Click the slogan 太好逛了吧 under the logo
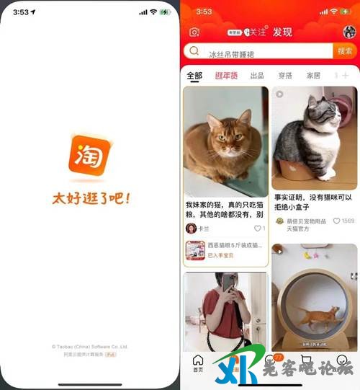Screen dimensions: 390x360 (91, 197)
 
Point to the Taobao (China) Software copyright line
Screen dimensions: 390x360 (90, 347)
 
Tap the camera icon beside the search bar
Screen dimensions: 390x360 (194, 32)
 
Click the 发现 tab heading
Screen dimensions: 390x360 (283, 32)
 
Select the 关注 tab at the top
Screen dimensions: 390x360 (255, 32)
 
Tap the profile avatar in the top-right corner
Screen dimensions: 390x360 (349, 32)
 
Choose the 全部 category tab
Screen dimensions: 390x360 (194, 76)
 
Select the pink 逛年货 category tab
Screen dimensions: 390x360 (226, 76)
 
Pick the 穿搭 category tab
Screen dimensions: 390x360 (285, 76)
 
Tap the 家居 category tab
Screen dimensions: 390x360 (313, 76)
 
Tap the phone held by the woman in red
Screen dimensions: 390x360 (229, 283)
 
